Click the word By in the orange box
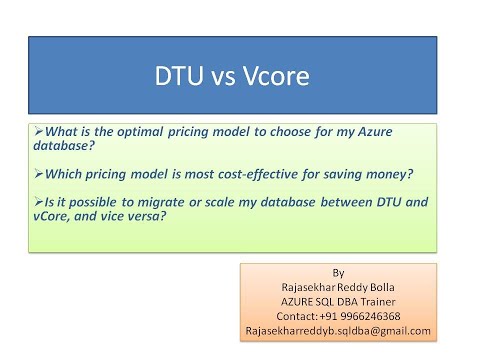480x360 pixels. click(336, 271)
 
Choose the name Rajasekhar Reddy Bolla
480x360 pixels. click(336, 285)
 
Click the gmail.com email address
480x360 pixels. click(336, 330)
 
